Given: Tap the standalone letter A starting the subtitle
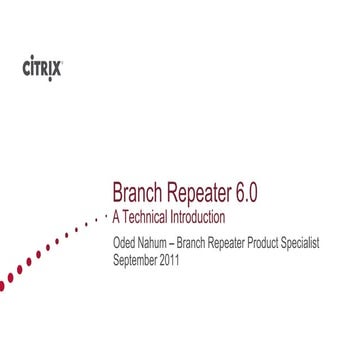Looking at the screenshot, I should coord(117,216).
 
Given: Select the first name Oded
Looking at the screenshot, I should coord(126,243).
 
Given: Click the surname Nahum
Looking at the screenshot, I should coord(160,243).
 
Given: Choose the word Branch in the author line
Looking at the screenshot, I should coord(203,243).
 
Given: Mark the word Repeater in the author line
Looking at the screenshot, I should coord(244,243).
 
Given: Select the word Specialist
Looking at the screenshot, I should coord(329,243).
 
